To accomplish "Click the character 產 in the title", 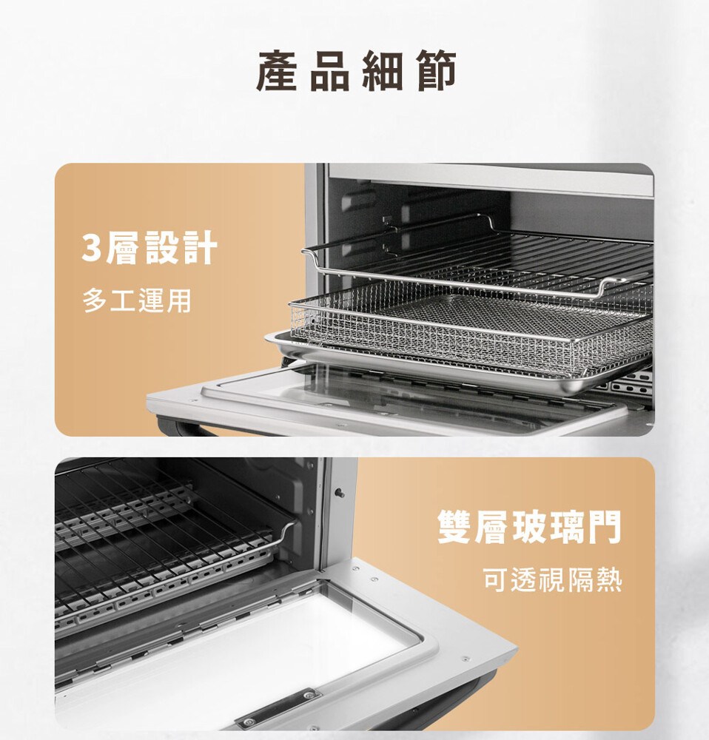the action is (x=277, y=71).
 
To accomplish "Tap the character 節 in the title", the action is (x=436, y=71).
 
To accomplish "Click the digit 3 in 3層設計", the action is (x=92, y=247).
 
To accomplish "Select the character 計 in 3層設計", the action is (x=200, y=247).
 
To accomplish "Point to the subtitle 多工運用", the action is (x=137, y=301).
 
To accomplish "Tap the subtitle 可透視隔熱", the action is (x=552, y=580).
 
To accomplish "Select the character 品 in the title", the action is (x=329, y=71).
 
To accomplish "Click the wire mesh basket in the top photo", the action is (x=472, y=326).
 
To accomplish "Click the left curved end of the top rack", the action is (x=312, y=258).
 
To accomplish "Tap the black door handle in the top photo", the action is (x=184, y=427).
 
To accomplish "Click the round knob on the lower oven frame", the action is (x=339, y=493).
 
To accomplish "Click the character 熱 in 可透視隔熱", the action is (x=609, y=580).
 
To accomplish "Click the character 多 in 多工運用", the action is (x=95, y=301).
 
